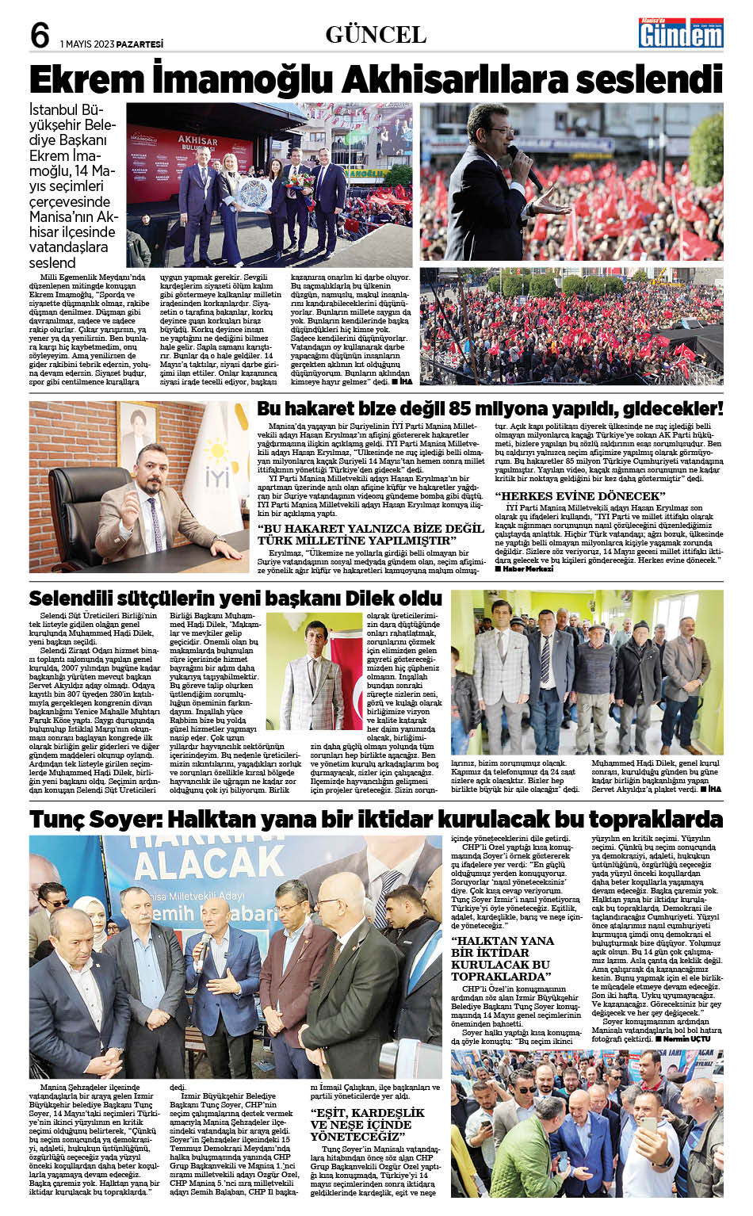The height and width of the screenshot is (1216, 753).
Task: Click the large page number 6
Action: click(x=40, y=36)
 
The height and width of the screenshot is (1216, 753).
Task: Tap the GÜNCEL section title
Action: click(x=376, y=35)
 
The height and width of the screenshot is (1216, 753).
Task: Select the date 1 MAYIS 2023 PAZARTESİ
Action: click(x=112, y=44)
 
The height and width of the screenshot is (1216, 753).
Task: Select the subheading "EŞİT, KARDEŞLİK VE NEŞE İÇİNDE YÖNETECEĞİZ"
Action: click(x=367, y=1124)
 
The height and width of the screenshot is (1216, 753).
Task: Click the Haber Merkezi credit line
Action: click(x=524, y=568)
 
